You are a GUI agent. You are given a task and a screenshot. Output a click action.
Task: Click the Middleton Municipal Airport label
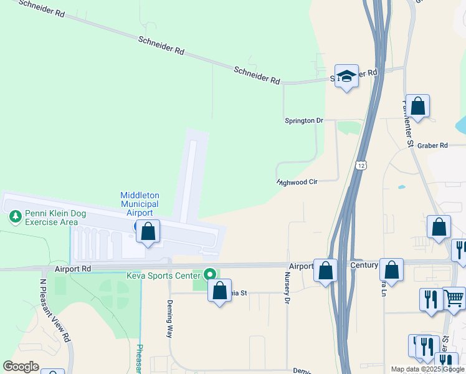pyautogui.click(x=140, y=204)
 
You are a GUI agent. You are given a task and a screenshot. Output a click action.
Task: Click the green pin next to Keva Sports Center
pyautogui.click(x=211, y=274)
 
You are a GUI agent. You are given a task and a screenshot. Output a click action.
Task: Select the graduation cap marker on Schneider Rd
pyautogui.click(x=347, y=76)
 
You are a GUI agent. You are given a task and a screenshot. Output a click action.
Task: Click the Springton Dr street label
pyautogui.click(x=304, y=120)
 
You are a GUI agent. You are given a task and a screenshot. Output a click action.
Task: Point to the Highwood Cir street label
pyautogui.click(x=298, y=182)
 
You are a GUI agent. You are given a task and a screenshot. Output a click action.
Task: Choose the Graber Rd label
pyautogui.click(x=433, y=145)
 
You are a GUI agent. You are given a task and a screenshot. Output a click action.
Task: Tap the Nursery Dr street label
pyautogui.click(x=288, y=289)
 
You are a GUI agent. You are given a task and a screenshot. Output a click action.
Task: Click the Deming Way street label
pyautogui.click(x=169, y=319)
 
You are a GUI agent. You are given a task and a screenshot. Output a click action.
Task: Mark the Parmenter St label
pyautogui.click(x=409, y=123)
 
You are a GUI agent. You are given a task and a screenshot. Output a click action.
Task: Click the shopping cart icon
pyautogui.click(x=454, y=299)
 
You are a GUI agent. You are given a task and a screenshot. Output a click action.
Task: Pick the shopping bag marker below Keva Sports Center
pyautogui.click(x=219, y=290)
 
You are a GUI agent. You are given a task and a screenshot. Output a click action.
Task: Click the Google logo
pyautogui.click(x=21, y=367)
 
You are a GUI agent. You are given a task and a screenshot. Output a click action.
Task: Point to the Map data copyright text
pyautogui.click(x=427, y=369)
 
